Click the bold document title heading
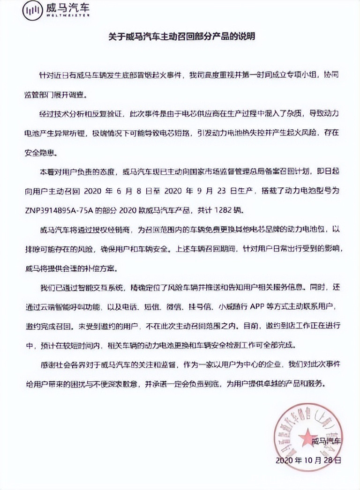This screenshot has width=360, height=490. click(x=180, y=37)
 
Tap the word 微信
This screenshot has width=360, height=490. click(x=173, y=307)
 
